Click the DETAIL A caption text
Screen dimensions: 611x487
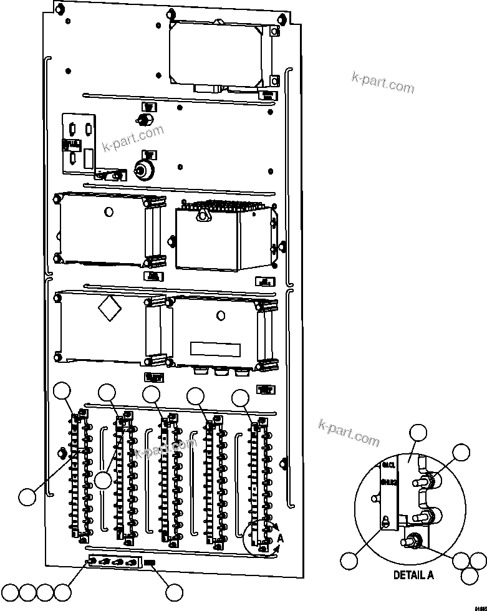[413, 575]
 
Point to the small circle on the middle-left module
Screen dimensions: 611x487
[109, 213]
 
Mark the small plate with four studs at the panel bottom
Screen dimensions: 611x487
[115, 562]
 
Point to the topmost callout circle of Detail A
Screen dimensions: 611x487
[417, 434]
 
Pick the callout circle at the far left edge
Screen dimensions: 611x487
[27, 497]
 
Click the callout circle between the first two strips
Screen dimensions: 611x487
[104, 481]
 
